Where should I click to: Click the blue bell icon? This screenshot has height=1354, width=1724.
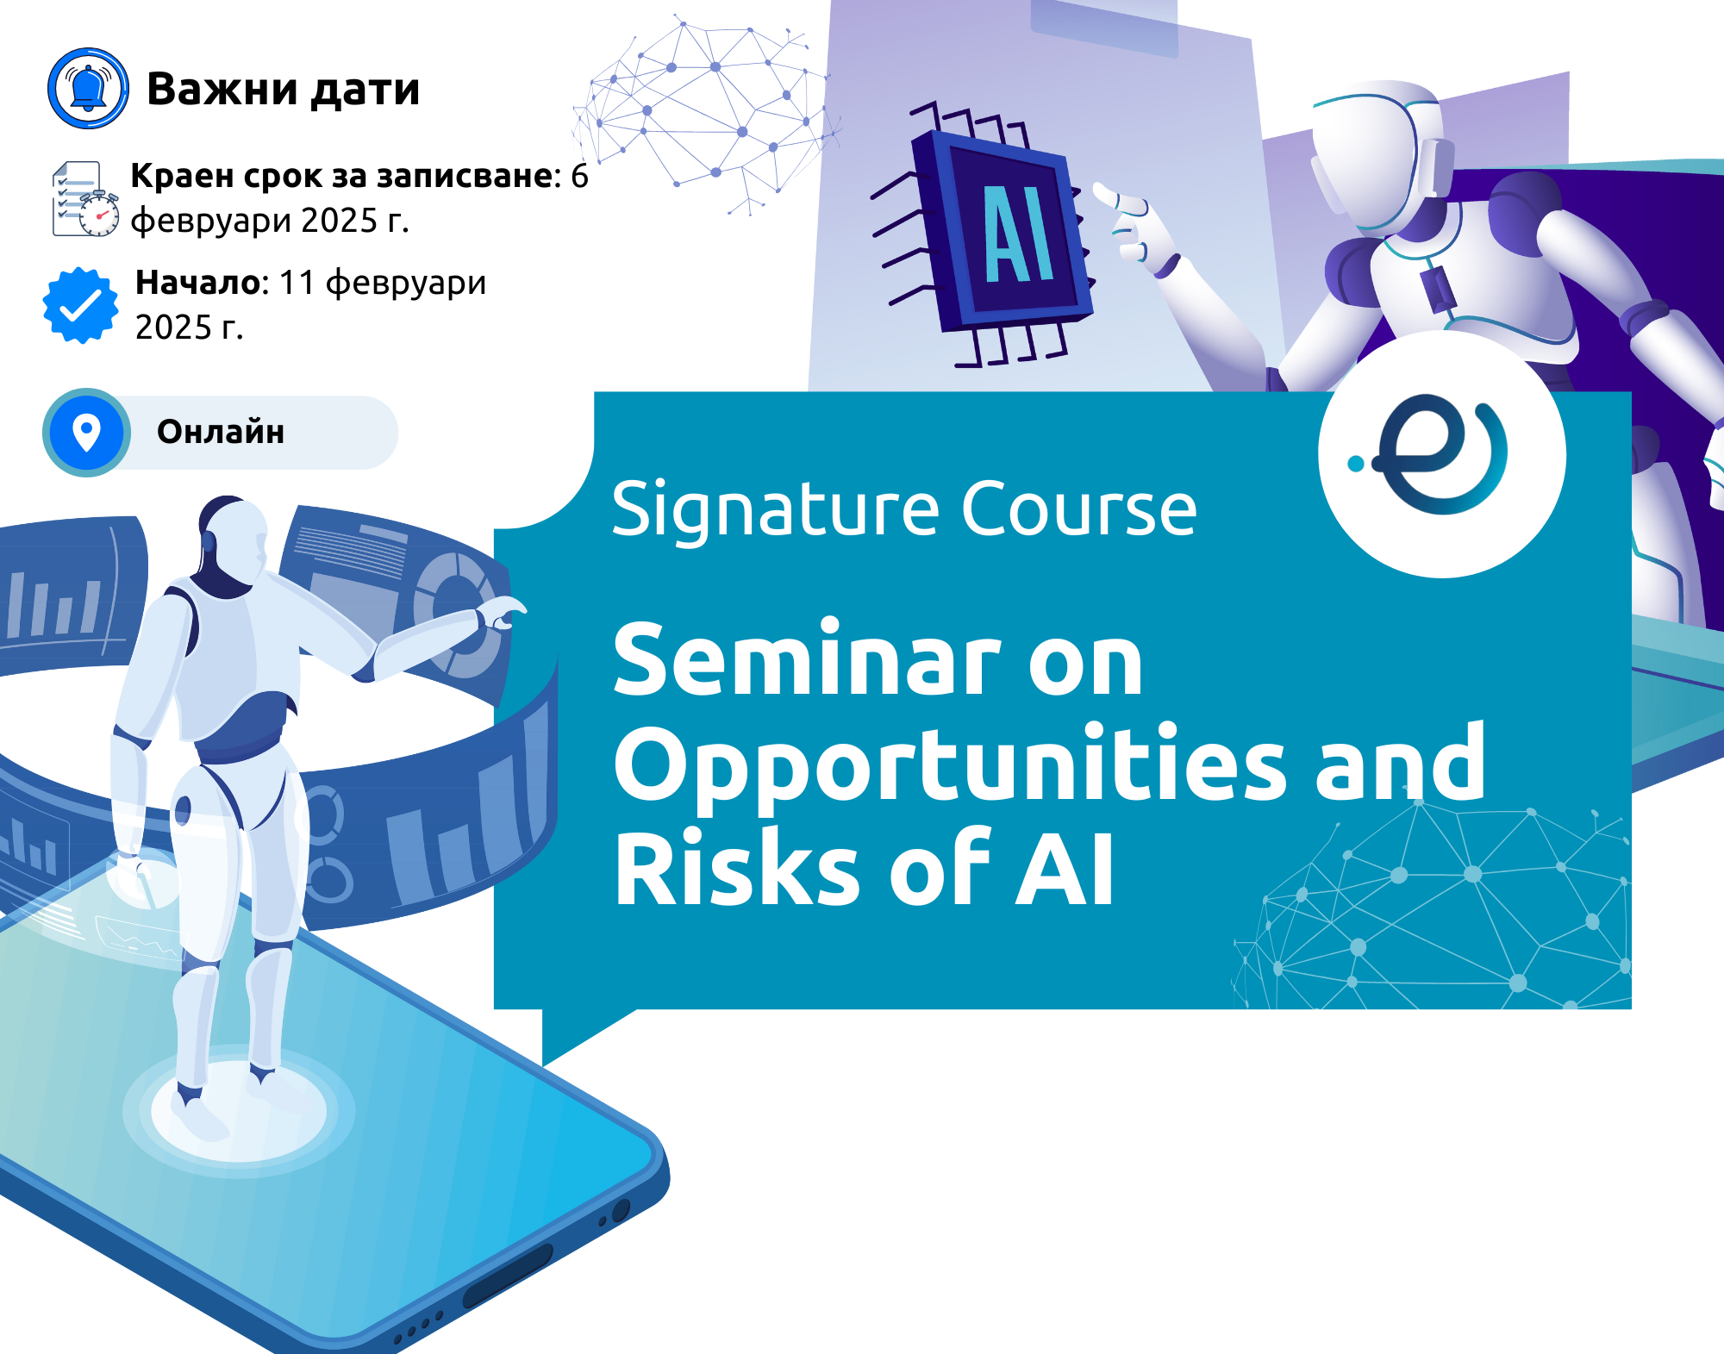pyautogui.click(x=88, y=89)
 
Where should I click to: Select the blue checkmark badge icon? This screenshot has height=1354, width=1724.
pyautogui.click(x=81, y=305)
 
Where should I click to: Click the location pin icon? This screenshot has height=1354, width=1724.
pyautogui.click(x=86, y=433)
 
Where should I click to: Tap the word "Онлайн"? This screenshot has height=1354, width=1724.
pyautogui.click(x=221, y=432)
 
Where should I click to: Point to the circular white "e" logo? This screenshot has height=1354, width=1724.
pyautogui.click(x=1442, y=454)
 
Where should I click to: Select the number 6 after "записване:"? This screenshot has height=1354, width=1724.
pyautogui.click(x=579, y=176)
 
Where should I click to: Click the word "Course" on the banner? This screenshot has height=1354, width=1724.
pyautogui.click(x=1078, y=510)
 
